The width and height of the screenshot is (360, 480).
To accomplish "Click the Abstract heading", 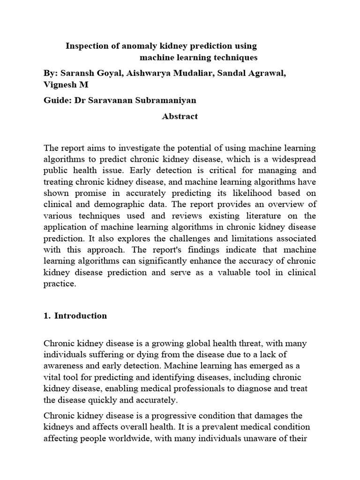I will click(180, 116).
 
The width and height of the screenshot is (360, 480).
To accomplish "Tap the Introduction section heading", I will click(81, 315).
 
